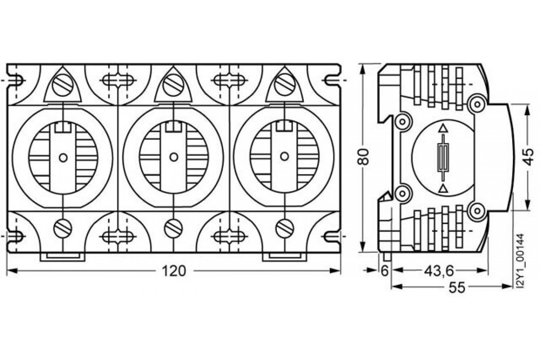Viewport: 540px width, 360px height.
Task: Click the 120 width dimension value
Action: click(173, 271)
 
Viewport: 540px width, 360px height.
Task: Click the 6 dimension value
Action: click(384, 271)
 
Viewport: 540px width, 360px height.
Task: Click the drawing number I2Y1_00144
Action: click(521, 261)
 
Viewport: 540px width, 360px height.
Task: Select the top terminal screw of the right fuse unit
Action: click(283, 84)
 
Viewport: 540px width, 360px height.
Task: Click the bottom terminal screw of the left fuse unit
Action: click(63, 229)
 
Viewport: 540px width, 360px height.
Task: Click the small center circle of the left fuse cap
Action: click(63, 157)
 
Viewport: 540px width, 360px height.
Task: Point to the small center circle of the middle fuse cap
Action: click(173, 157)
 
